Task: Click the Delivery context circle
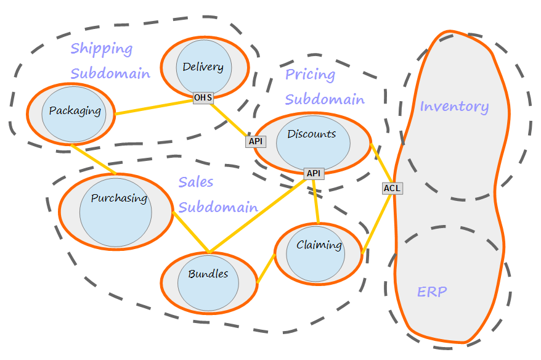click(x=204, y=67)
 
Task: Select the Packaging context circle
click(x=74, y=112)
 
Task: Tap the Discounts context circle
click(x=313, y=142)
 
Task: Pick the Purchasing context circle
click(x=115, y=211)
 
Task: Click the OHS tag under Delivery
click(x=203, y=97)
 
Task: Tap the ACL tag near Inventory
click(x=393, y=188)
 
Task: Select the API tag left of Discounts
click(x=256, y=141)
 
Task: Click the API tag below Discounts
click(x=314, y=173)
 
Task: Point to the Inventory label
click(x=454, y=107)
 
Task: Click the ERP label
click(x=432, y=292)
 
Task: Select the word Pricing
click(x=310, y=75)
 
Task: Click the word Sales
click(x=196, y=182)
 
